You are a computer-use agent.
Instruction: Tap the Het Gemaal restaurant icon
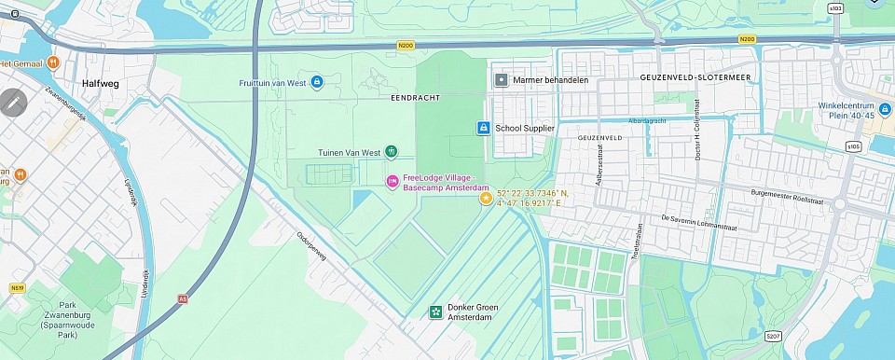coord(54,62)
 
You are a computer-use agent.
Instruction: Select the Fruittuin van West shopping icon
coord(317,82)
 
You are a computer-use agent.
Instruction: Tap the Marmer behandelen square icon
coord(502,80)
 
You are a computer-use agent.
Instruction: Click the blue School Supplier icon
coord(483,128)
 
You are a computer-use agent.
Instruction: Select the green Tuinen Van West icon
coord(392,152)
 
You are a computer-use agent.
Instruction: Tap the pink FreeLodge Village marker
coord(392,179)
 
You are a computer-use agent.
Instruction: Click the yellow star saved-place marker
coord(485,197)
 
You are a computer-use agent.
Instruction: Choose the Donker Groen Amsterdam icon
coord(435,312)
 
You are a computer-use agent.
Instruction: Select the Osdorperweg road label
coord(317,249)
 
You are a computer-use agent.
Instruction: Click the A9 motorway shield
coord(182,299)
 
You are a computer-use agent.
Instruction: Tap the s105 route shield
coord(854,146)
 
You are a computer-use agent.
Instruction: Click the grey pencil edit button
coord(14,103)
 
